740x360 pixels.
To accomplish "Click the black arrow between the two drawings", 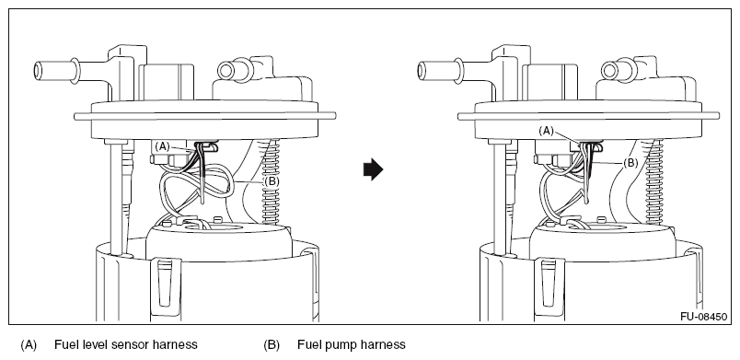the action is [x=374, y=169].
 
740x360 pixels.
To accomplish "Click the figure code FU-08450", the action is [x=704, y=317].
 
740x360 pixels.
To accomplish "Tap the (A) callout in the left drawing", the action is [x=162, y=146].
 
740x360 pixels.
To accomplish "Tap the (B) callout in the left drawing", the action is [x=272, y=181].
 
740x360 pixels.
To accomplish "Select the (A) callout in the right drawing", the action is [x=546, y=131].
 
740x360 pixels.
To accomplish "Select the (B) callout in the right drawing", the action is [x=630, y=163].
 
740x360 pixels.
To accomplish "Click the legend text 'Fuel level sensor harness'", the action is [x=126, y=344].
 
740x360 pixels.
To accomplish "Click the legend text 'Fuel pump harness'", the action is [x=351, y=345].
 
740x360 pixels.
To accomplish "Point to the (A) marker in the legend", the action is [x=29, y=345].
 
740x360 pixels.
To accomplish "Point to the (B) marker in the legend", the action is [x=272, y=345].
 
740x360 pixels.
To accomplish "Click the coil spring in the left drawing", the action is [x=270, y=181].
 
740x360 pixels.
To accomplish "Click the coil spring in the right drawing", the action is [x=654, y=181].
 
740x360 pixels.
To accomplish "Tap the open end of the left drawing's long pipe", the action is [x=39, y=71].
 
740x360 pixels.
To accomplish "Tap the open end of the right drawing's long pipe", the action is [x=422, y=71].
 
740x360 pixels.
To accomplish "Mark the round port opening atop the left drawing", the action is [x=225, y=71].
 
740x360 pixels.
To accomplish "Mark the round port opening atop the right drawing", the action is [x=609, y=71].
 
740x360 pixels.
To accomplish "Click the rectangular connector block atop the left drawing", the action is [x=167, y=82].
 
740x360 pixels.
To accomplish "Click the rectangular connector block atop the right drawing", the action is [x=550, y=82].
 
